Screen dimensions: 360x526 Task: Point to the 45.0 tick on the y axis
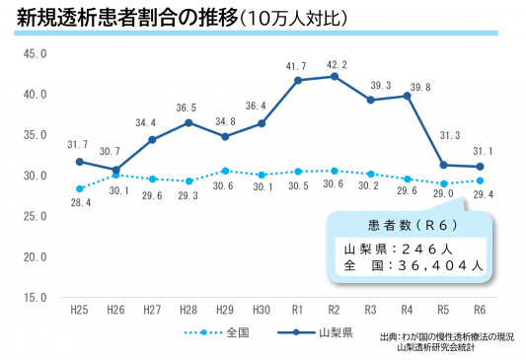[34, 54]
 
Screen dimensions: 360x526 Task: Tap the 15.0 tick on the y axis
[34, 296]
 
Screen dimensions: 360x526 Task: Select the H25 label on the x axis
[79, 309]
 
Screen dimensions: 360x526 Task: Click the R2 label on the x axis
[336, 309]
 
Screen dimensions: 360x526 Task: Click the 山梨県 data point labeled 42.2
[336, 76]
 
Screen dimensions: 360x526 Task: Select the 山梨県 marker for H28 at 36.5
[188, 122]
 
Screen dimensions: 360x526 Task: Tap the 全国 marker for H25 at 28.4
[79, 188]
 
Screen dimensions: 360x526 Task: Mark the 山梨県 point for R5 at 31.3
[444, 165]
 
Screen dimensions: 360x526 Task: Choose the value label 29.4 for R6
[484, 196]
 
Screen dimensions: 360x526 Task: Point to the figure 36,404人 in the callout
[443, 264]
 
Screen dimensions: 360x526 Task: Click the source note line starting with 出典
[447, 337]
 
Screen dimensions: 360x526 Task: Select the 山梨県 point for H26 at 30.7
[115, 170]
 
